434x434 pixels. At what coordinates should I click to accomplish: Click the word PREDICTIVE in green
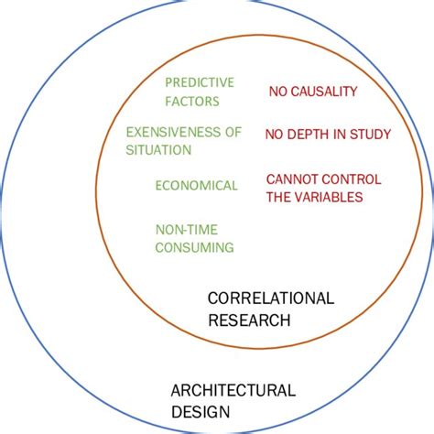(200, 81)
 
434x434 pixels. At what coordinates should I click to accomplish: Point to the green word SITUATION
(158, 149)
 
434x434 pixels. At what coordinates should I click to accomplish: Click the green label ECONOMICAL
(196, 185)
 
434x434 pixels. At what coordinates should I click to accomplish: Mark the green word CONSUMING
(194, 247)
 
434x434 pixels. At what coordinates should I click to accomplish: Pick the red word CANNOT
(291, 179)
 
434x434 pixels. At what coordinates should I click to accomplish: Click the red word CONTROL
(353, 179)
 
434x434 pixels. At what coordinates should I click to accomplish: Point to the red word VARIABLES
(327, 197)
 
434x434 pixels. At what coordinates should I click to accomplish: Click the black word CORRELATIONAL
(271, 298)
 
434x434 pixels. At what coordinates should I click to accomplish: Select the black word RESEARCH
(249, 320)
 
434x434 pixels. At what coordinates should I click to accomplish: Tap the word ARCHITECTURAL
(233, 391)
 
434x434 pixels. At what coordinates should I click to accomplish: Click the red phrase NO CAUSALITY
(312, 92)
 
